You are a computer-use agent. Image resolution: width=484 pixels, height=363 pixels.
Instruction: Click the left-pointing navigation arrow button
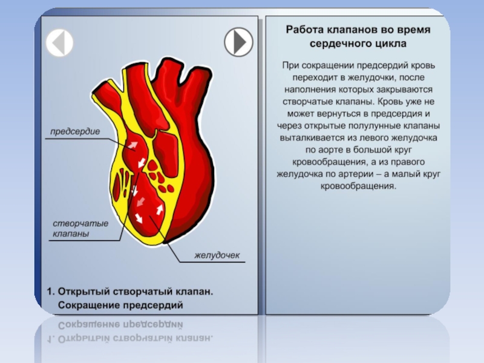[x=60, y=42]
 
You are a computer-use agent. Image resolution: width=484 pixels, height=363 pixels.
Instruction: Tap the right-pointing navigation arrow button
[x=238, y=42]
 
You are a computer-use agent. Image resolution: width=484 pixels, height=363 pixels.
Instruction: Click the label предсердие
[x=74, y=131]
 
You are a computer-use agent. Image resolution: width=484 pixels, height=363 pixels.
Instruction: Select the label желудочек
[x=217, y=256]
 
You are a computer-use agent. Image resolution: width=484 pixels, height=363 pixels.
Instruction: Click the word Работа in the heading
[x=302, y=30]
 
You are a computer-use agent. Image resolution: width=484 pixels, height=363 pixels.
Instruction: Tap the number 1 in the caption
[x=50, y=292]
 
